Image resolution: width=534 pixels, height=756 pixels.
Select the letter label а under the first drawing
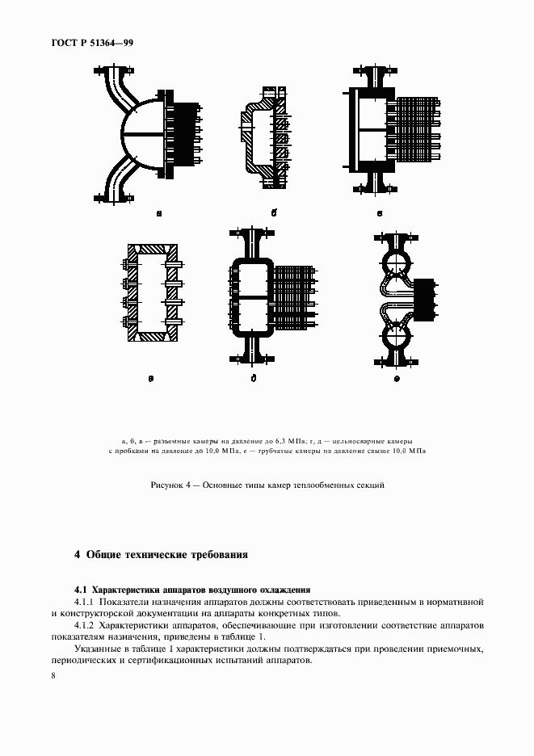click(x=159, y=214)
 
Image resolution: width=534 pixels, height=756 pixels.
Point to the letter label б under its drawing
click(x=274, y=213)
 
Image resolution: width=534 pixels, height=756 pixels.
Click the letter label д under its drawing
click(x=253, y=377)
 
